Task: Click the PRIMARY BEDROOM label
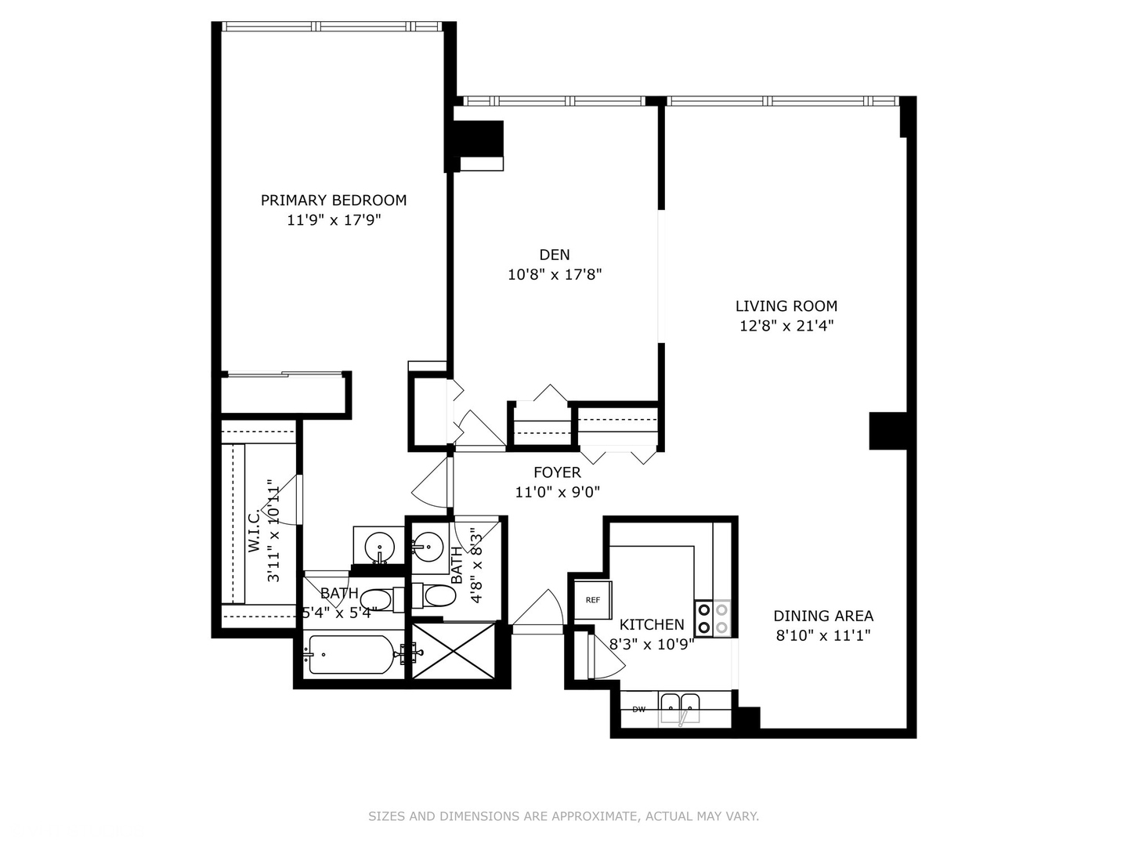coord(334,201)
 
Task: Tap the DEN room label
coord(555,255)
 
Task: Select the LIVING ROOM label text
coord(786,306)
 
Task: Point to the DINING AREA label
coord(823,616)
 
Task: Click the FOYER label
coord(557,472)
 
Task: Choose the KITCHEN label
coord(652,624)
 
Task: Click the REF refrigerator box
coord(593,600)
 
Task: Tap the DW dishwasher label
coord(639,710)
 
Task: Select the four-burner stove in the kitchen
coord(713,618)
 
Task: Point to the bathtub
coord(352,654)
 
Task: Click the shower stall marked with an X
coord(454,651)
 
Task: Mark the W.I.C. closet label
coord(255,530)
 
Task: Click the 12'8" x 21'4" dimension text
coord(786,327)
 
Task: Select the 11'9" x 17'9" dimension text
coord(334,221)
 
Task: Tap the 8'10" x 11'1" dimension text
coord(823,636)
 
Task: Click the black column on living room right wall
coord(888,431)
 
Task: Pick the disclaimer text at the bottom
coord(563,816)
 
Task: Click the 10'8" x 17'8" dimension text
coord(555,275)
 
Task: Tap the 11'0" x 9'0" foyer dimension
coord(557,493)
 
